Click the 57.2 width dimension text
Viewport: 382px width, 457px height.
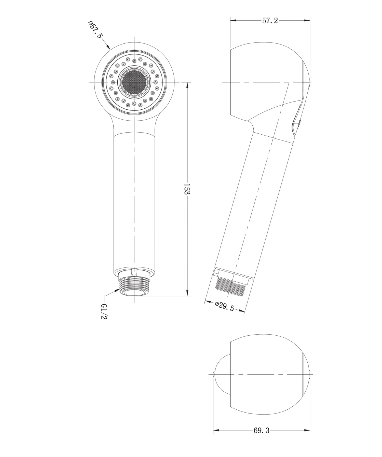tap(270, 21)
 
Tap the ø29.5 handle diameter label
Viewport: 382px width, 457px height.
tap(224, 306)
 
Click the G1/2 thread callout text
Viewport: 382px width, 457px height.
tap(104, 311)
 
